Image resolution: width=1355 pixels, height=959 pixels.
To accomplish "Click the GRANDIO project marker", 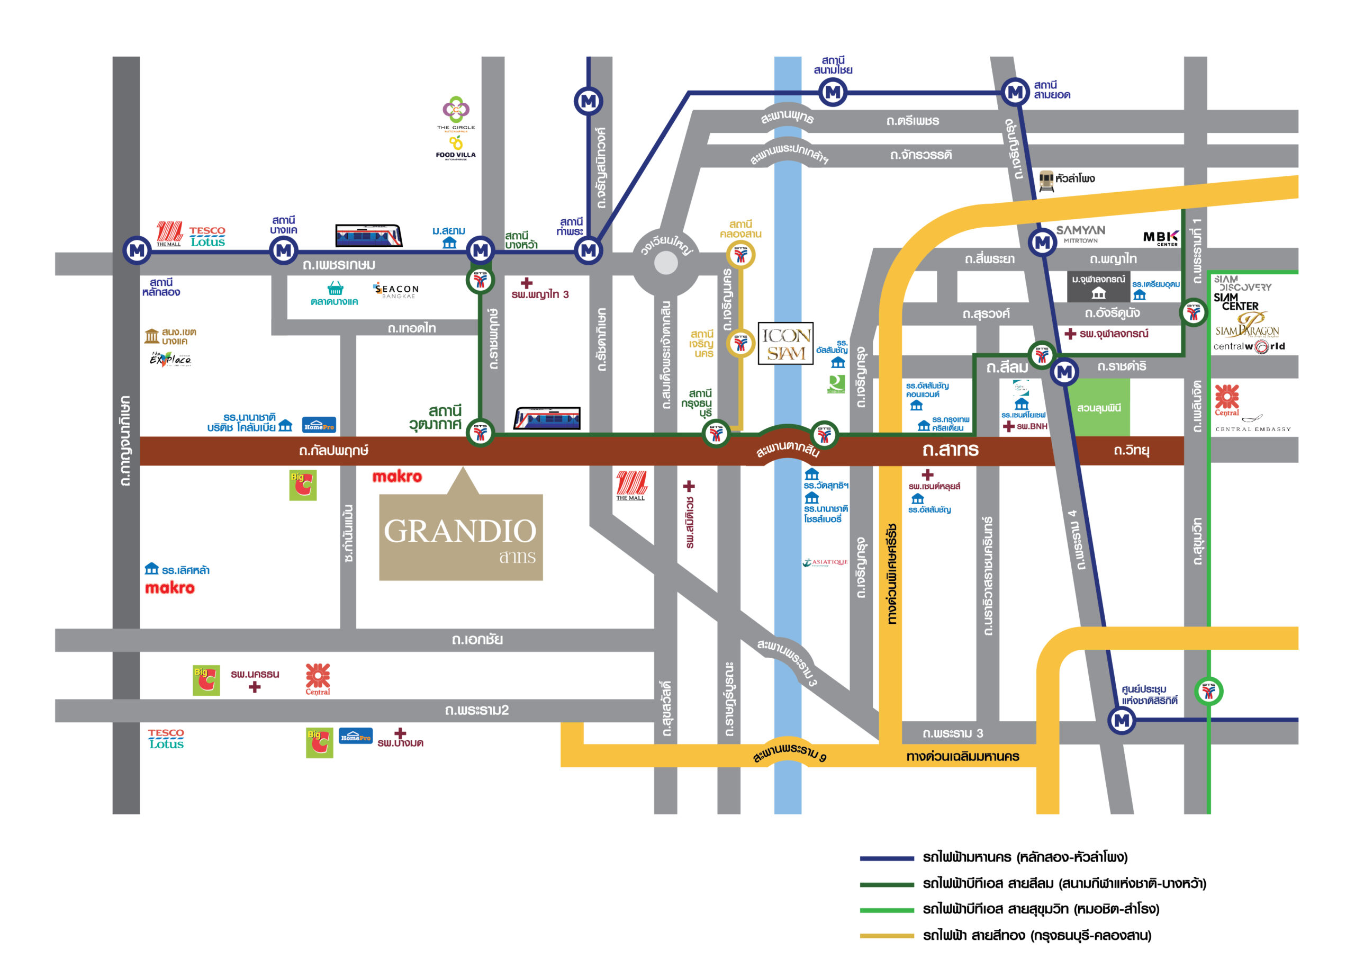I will coord(460,536).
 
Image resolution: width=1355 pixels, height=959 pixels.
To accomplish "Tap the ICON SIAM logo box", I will coord(785,343).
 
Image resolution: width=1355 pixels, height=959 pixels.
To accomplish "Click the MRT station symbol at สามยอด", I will coord(1015,92).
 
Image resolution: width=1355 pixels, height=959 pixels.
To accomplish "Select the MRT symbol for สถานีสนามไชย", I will coord(833,92).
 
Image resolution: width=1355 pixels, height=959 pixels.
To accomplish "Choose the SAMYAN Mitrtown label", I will coord(1081,233).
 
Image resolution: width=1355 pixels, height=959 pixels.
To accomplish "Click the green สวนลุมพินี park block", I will coord(1099,407).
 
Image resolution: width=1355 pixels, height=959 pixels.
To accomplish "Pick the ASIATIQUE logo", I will coord(825,563).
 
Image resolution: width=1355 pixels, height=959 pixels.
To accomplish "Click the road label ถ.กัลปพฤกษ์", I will coord(333,451).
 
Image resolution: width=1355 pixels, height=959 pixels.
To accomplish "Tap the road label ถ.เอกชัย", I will coord(477,640).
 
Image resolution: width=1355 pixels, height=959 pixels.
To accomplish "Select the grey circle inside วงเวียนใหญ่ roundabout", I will coord(666,263).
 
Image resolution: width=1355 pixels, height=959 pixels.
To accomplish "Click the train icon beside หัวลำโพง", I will coord(1046,180).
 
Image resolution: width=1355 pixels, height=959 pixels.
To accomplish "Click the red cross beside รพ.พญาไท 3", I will coord(527,283).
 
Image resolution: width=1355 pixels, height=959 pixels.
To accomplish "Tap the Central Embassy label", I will coord(1253,429).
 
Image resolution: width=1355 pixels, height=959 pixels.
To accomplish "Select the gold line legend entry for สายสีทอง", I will coord(1036,935).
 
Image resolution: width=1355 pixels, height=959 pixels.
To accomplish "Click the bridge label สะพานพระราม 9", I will coord(790,753).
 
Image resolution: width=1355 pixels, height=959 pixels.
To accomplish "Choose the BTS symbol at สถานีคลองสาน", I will coord(740,255).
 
